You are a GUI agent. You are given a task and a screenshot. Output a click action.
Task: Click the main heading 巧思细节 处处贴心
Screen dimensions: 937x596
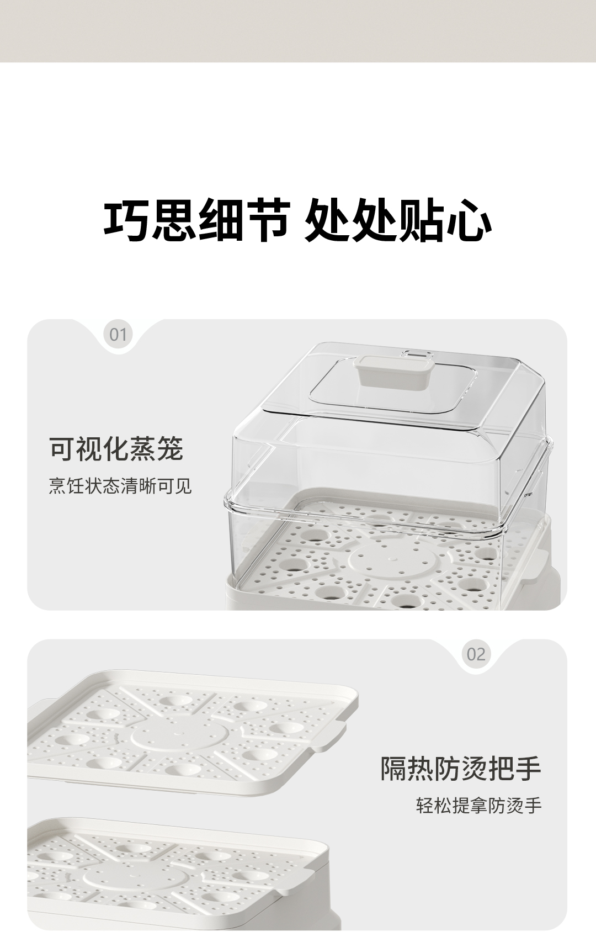coord(297,221)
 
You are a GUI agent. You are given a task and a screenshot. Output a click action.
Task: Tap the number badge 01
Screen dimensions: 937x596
coord(118,335)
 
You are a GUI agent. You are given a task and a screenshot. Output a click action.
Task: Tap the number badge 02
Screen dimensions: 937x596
coord(476,654)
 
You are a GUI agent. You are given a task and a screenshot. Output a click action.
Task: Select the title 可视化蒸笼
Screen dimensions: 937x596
coord(116,448)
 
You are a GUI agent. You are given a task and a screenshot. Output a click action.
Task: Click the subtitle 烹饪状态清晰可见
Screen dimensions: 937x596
coord(120,486)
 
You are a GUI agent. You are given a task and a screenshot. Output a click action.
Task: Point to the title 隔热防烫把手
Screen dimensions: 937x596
coord(461,768)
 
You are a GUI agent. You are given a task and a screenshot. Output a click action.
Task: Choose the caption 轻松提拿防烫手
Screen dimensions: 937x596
coord(479,806)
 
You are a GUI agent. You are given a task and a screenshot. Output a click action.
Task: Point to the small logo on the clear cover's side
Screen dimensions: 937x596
coord(529,495)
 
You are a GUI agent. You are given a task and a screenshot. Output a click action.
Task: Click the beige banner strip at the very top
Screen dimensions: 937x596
coord(298,30)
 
